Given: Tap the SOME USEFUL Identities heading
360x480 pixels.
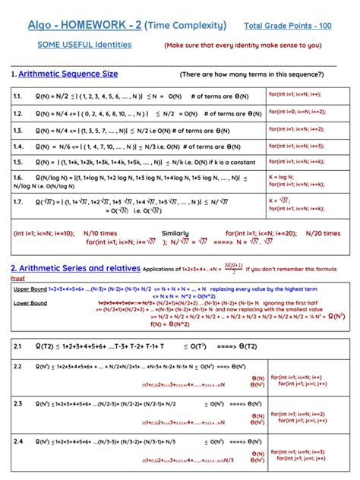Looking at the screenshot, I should (84, 45).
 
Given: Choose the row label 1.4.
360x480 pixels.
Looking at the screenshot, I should (17, 147).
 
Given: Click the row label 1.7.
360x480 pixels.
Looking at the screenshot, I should (17, 202).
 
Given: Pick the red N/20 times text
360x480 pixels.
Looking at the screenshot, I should (321, 233).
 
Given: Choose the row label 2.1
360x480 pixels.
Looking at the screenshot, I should (17, 346).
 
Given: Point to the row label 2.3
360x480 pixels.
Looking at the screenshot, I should (17, 403).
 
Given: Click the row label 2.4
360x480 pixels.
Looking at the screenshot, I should (17, 441).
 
